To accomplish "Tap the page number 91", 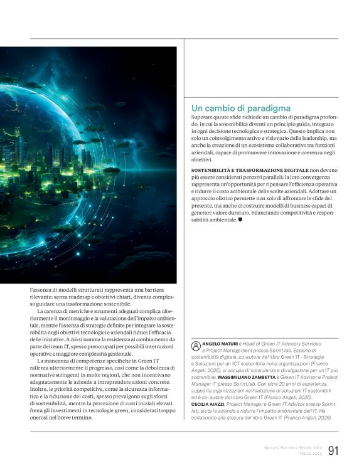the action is (x=333, y=451).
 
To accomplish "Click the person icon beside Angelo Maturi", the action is (x=195, y=345).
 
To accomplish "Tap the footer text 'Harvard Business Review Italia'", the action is (x=291, y=447).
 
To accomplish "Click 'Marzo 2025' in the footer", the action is (x=309, y=454).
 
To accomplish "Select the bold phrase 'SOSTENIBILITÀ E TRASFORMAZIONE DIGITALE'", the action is (x=249, y=170).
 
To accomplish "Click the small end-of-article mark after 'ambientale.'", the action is (x=241, y=220).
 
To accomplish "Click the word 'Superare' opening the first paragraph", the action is (x=203, y=117).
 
